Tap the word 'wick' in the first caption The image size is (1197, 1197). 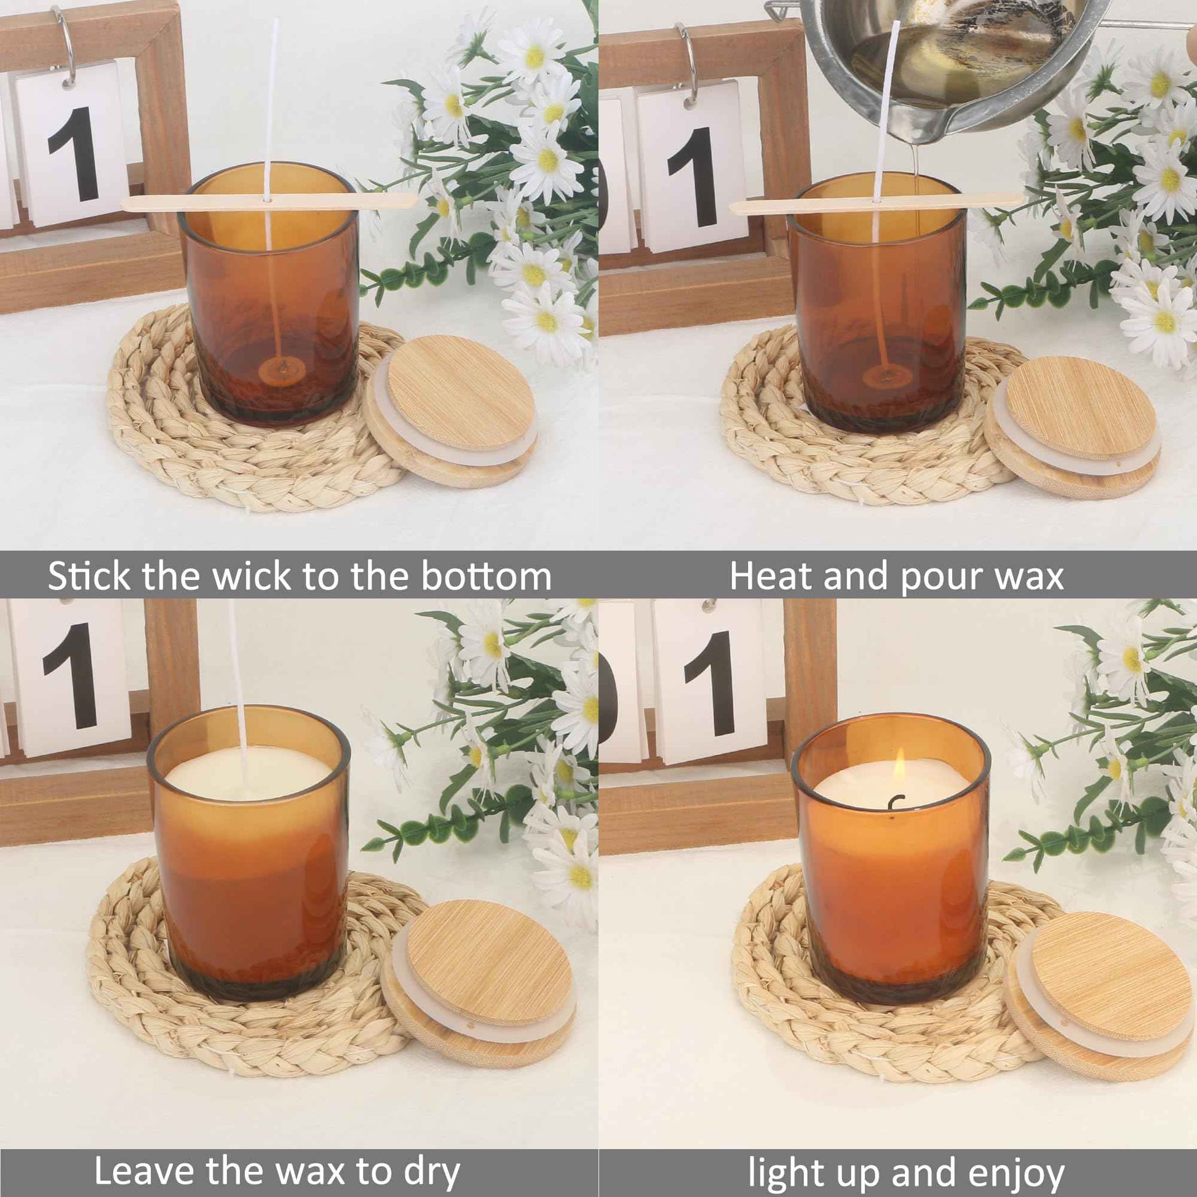(x=252, y=577)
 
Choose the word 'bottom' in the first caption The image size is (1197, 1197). (x=487, y=577)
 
